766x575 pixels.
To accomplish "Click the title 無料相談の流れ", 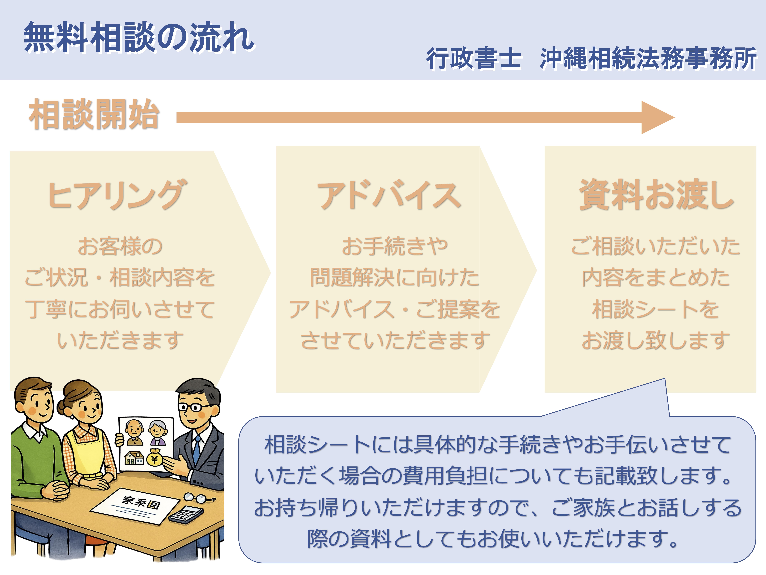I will click(x=139, y=37).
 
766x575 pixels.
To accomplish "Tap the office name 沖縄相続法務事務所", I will click(x=648, y=58).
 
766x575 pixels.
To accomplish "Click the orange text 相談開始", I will click(x=94, y=114).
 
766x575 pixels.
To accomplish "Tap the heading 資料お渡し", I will click(x=656, y=195).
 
